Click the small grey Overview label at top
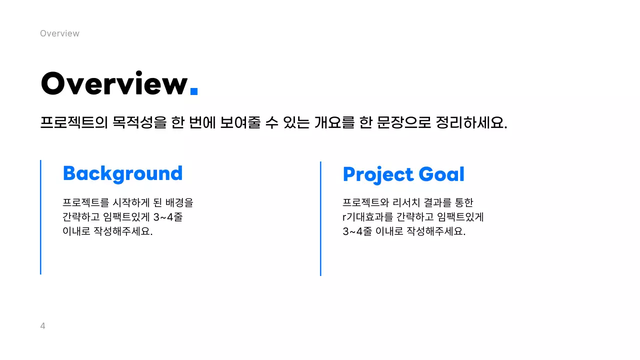tap(59, 33)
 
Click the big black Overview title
tap(114, 84)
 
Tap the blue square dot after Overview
tap(194, 91)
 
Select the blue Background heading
tap(122, 173)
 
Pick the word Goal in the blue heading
tap(441, 174)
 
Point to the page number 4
tap(42, 326)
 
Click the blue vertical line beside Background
tap(40, 217)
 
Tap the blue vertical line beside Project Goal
tap(320, 218)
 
